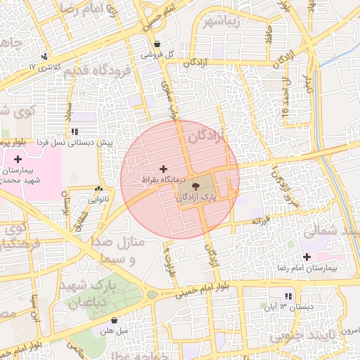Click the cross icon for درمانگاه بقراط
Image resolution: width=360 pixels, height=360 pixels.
tap(164, 169)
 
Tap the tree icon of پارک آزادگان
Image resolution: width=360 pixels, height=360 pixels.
tap(195, 187)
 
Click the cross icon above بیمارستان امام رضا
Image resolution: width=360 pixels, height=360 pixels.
tap(307, 257)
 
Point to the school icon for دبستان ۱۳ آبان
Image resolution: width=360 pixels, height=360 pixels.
tap(288, 296)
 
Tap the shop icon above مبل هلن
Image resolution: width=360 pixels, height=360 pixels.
tap(114, 319)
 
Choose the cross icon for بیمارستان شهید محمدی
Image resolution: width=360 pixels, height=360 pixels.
tap(18, 159)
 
